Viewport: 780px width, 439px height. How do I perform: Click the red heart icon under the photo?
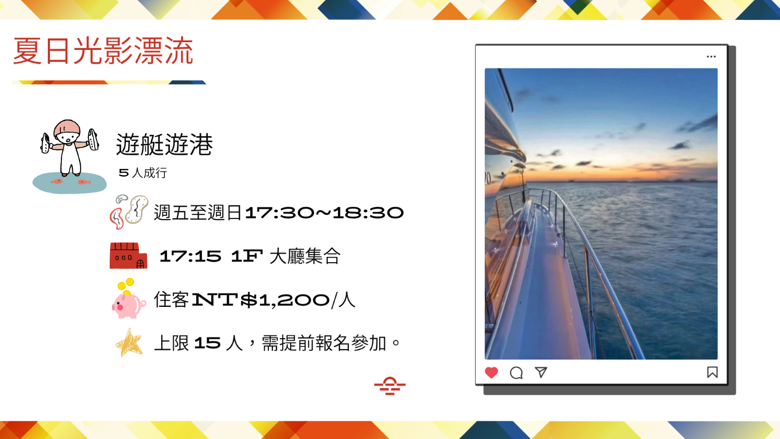click(x=491, y=372)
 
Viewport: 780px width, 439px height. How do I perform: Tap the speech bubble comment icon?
click(x=516, y=373)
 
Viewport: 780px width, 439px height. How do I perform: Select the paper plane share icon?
click(x=541, y=372)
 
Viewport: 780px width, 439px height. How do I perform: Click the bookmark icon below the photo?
click(x=712, y=372)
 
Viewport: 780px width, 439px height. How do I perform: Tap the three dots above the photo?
click(x=711, y=57)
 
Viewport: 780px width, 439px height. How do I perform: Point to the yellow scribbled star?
click(x=129, y=343)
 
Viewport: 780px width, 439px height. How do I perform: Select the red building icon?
click(x=128, y=256)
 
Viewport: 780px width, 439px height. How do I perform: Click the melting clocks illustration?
click(x=129, y=212)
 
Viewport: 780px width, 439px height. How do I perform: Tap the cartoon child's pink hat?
click(x=67, y=127)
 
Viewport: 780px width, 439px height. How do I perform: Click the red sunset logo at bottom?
click(x=389, y=386)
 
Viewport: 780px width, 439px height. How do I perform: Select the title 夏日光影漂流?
click(x=103, y=51)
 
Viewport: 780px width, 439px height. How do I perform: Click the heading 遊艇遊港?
click(x=164, y=144)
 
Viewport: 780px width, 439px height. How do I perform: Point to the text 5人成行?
click(x=143, y=173)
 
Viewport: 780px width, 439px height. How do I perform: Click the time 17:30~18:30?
click(x=324, y=213)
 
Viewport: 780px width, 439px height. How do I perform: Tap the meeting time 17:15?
click(x=190, y=256)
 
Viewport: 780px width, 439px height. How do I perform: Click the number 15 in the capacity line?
click(x=207, y=343)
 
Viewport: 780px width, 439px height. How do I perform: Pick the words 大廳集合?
click(x=305, y=256)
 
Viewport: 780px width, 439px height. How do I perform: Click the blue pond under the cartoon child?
click(x=69, y=183)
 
